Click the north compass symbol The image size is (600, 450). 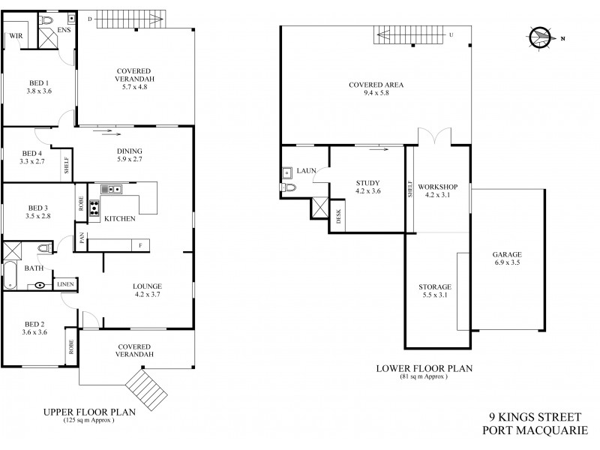click(x=541, y=37)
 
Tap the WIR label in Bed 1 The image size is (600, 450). click(x=15, y=35)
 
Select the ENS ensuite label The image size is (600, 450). click(x=64, y=31)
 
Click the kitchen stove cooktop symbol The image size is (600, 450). click(x=95, y=208)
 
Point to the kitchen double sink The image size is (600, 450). click(x=112, y=190)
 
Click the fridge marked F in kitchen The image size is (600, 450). click(x=140, y=244)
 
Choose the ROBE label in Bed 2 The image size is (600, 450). click(x=71, y=346)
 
